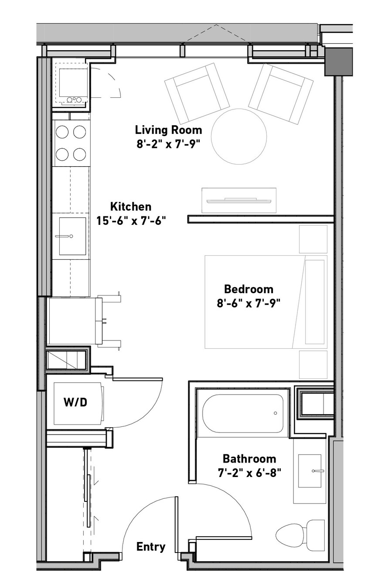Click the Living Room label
(168, 130)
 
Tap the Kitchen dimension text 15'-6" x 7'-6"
(131, 221)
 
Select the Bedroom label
(248, 289)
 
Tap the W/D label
(75, 402)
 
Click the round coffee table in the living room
(239, 137)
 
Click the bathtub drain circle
(276, 413)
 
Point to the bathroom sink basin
(310, 471)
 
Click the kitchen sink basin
(72, 236)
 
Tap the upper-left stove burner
(62, 132)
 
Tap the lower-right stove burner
(79, 154)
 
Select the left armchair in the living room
(197, 93)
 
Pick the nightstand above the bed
(313, 239)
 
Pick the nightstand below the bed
(313, 365)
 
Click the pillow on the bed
(315, 302)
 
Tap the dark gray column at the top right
(339, 62)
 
